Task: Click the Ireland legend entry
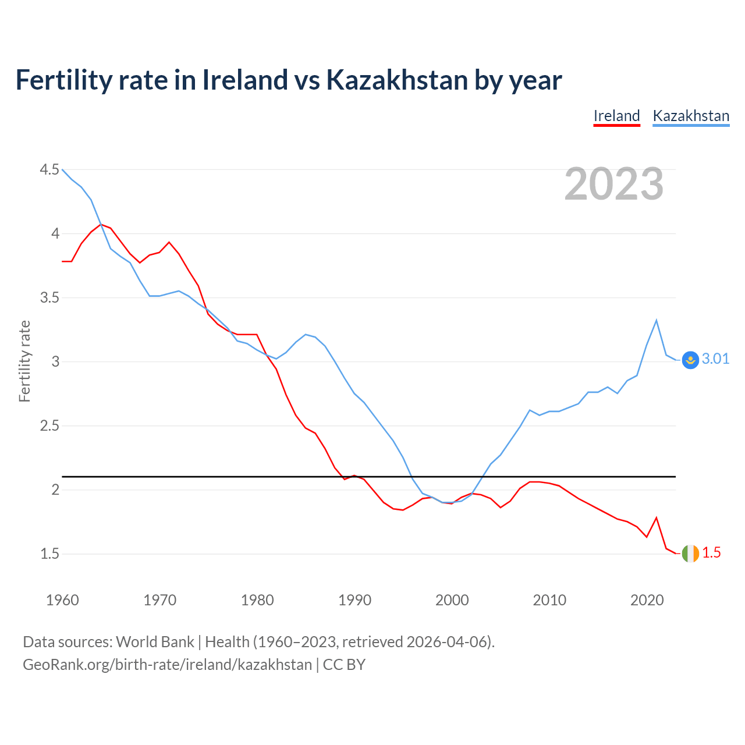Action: (616, 116)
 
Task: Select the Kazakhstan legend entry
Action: (691, 116)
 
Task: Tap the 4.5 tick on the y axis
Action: (49, 170)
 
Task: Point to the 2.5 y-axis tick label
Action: (49, 426)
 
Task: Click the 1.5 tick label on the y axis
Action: (49, 554)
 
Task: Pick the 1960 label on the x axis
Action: (62, 600)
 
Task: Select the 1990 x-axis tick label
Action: (354, 600)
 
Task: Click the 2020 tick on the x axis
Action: (647, 600)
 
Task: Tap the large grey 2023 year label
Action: (614, 184)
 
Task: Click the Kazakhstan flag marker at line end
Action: (690, 360)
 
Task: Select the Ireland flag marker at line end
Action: (690, 554)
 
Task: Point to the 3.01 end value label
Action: (715, 359)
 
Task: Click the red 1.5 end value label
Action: (711, 553)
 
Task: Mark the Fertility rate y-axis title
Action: (24, 361)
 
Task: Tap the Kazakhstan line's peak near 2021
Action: (657, 320)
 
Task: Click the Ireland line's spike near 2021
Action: (657, 517)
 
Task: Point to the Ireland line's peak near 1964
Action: (101, 224)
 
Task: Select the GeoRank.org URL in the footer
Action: (167, 665)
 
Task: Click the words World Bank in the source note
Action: (155, 642)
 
